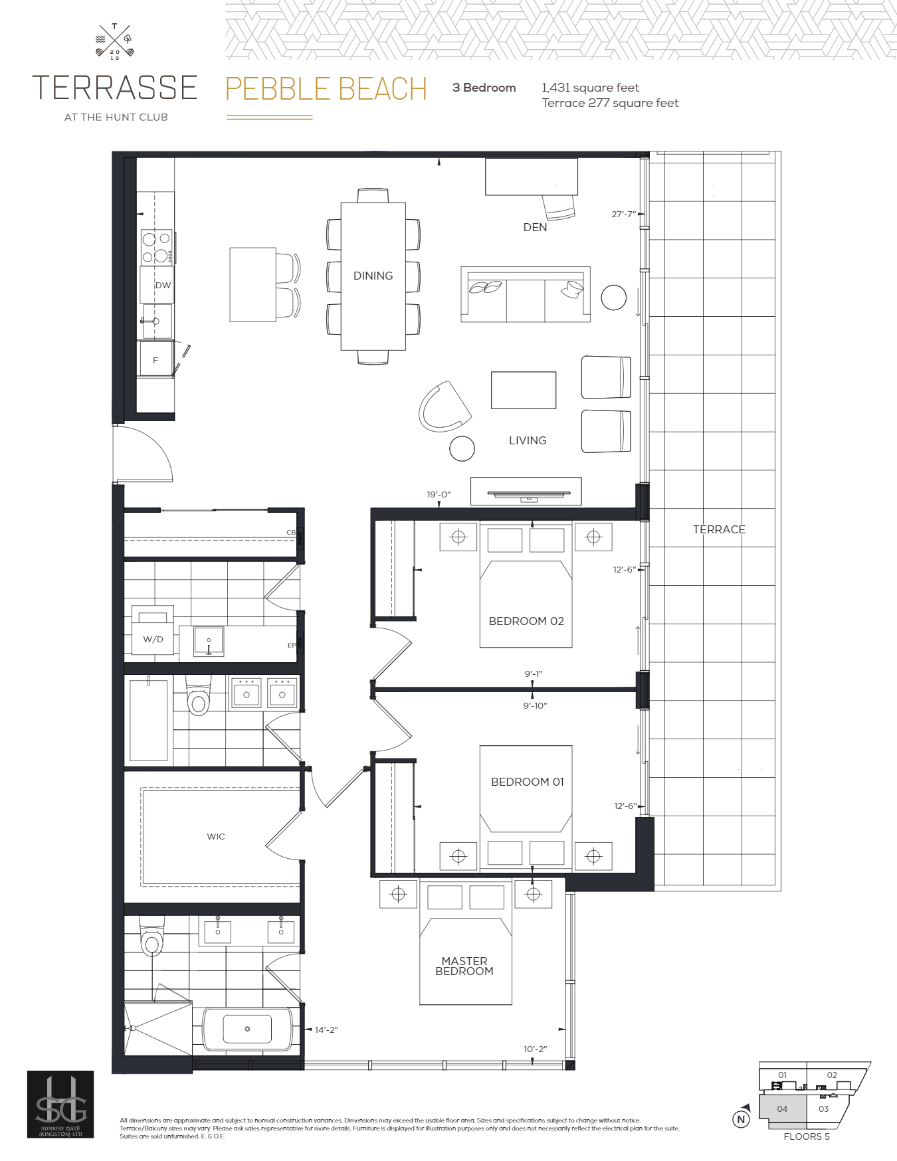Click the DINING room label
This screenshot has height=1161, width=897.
373,276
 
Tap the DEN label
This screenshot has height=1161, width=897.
535,227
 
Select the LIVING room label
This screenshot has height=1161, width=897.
528,440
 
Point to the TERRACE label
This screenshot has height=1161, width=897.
719,529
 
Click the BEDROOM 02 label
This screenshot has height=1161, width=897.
526,621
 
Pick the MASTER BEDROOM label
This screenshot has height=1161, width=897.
464,966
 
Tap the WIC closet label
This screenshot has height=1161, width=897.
216,836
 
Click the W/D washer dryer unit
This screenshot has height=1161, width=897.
153,638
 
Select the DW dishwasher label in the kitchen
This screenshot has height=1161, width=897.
163,285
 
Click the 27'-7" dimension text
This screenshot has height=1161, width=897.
624,214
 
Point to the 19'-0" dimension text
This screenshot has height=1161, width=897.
439,494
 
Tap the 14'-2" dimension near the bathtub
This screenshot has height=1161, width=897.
326,1029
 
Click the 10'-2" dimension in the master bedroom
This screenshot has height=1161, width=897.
535,1049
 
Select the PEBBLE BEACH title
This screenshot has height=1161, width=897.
326,89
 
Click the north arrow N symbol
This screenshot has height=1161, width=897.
741,1118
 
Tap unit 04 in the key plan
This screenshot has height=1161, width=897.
782,1109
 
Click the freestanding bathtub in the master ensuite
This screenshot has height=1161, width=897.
247,1029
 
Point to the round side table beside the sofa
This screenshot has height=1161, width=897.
613,298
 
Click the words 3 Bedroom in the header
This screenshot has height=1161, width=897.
484,88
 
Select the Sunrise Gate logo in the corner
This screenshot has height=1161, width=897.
60,1104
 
